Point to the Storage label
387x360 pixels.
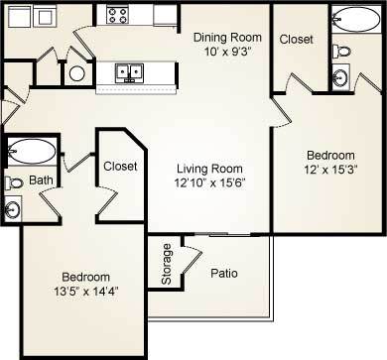tap(166, 263)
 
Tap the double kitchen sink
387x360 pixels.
tap(128, 72)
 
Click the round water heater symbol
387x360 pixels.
tap(77, 72)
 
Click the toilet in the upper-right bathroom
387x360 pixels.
tap(339, 49)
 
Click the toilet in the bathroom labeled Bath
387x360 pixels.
tap(13, 182)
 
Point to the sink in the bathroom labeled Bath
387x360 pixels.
tap(12, 207)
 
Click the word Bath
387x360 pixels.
tap(40, 180)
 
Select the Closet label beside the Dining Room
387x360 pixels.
tap(296, 40)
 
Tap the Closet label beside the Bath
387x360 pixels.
tap(120, 167)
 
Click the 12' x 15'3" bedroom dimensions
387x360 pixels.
tap(329, 171)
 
